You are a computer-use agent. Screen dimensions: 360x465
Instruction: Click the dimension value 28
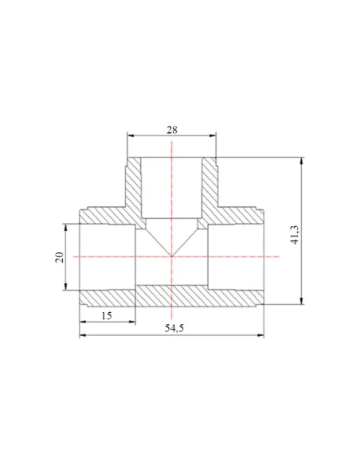click(172, 130)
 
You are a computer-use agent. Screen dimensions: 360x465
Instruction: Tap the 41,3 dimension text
click(295, 235)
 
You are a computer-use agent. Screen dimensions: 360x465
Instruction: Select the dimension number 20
click(59, 257)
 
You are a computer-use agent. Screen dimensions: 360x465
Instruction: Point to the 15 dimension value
click(107, 315)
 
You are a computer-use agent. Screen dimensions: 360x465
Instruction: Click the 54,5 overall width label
click(174, 328)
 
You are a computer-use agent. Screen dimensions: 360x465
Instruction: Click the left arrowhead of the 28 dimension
click(131, 135)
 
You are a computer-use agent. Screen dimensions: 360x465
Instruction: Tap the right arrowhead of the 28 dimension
click(213, 135)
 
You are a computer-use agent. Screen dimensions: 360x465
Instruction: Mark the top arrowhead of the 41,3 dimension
click(302, 161)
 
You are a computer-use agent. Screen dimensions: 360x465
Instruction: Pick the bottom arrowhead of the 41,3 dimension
click(302, 301)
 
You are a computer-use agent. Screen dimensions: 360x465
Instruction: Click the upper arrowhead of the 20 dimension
click(66, 228)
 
